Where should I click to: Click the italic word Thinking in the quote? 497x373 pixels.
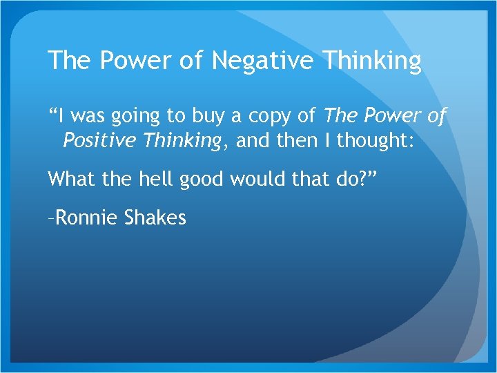[180, 142]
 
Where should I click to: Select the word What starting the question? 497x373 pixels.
[71, 180]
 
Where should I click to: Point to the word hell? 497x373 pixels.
[155, 180]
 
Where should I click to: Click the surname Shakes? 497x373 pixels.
[156, 218]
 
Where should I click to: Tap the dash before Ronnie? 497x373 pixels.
[50, 219]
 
